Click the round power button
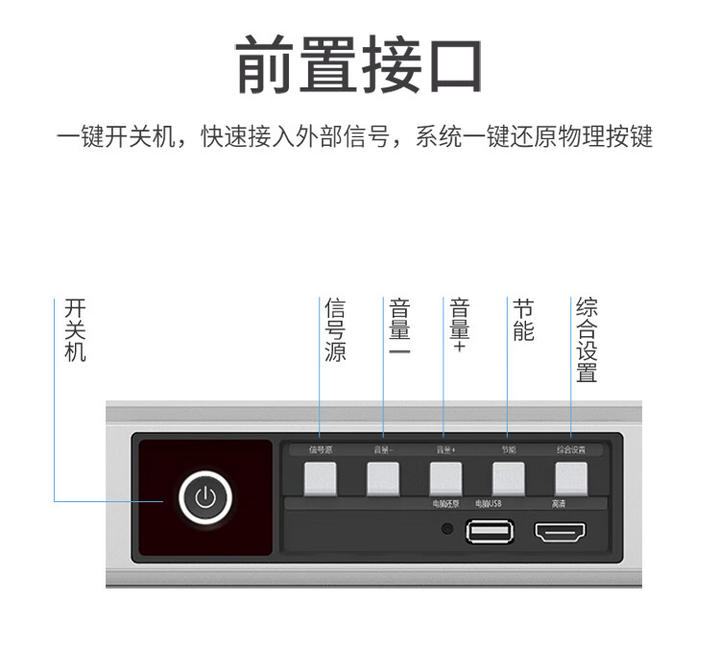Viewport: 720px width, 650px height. point(203,497)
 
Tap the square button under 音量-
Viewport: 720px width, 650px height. point(383,479)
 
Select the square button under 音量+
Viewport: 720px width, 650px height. point(445,479)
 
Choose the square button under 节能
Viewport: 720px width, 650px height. point(509,479)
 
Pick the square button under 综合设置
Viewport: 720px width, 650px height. point(571,479)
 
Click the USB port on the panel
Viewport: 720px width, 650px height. point(489,531)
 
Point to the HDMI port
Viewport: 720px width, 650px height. point(561,531)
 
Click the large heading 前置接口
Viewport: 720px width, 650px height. point(359,66)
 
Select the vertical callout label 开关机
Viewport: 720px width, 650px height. point(75,330)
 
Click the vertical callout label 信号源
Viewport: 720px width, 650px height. point(334,330)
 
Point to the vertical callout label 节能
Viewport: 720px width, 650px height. point(523,320)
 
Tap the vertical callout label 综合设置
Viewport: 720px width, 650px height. point(587,341)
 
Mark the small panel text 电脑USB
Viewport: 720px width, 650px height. point(488,504)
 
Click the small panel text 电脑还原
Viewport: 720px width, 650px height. point(445,504)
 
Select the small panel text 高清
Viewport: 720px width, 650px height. point(559,504)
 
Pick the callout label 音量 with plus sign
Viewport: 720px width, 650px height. point(459,325)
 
